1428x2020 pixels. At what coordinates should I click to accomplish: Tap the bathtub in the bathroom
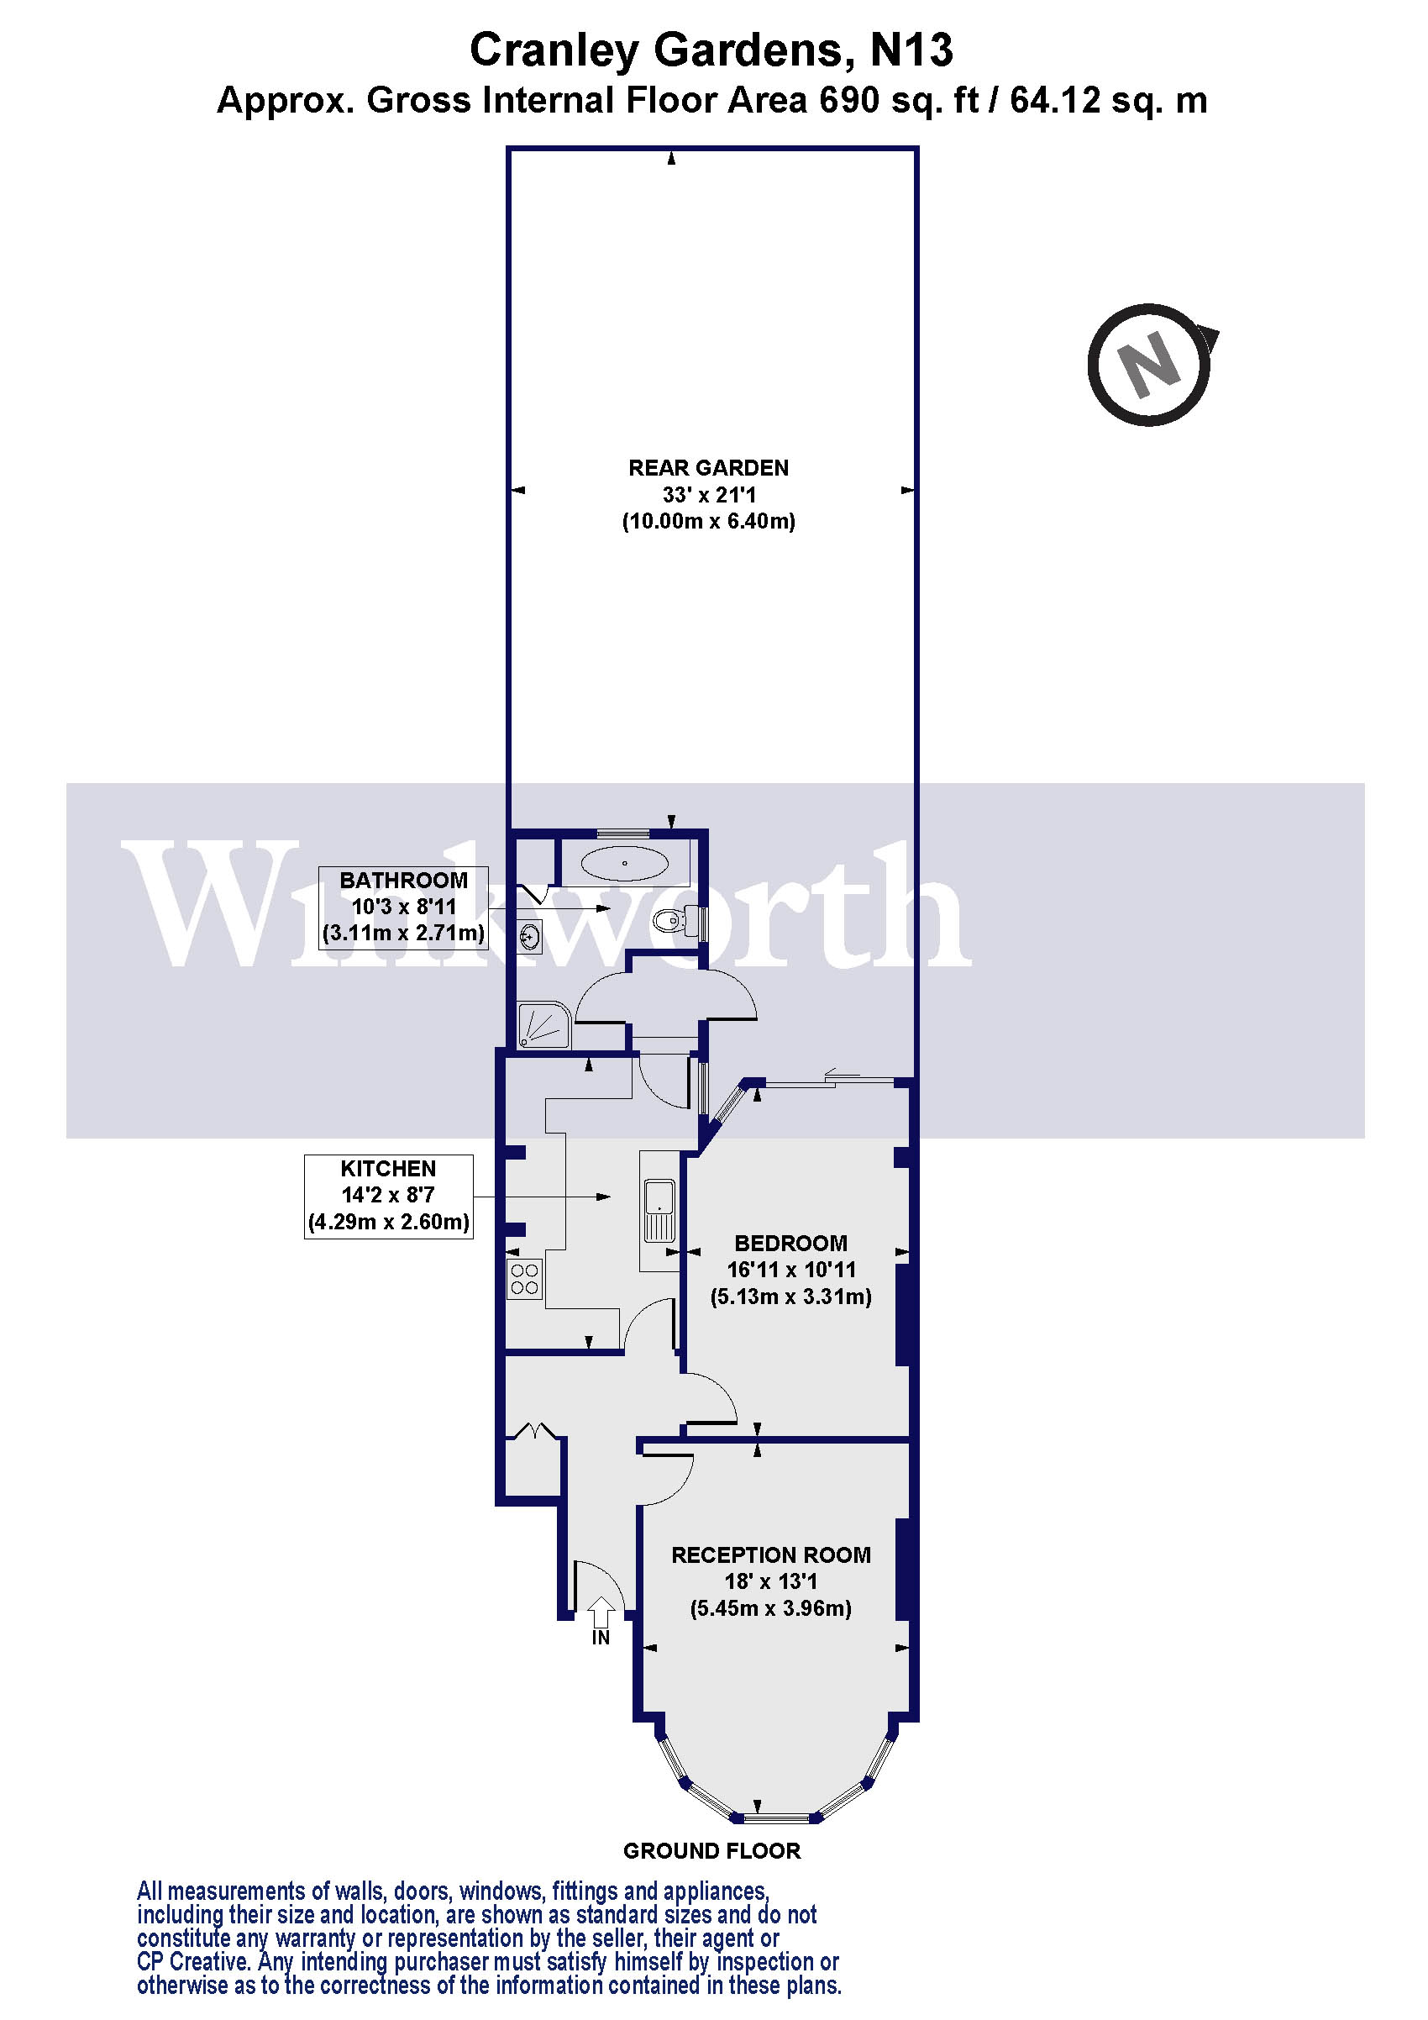pos(625,863)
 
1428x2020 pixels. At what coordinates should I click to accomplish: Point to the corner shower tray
pos(544,1026)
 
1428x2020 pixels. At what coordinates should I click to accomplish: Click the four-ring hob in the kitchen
pos(525,1278)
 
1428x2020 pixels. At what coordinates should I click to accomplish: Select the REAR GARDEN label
pos(708,468)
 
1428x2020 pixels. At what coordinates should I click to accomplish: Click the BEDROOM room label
pos(790,1243)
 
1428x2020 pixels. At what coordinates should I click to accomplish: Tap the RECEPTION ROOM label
pos(771,1554)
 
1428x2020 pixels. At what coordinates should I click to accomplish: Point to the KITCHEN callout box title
pos(388,1168)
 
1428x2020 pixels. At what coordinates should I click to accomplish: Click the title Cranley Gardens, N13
pos(711,50)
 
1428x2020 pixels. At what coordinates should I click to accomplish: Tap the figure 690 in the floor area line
pos(849,100)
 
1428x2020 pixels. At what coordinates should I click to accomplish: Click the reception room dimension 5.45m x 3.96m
pos(771,1608)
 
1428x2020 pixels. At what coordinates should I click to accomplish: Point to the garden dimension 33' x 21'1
pos(709,494)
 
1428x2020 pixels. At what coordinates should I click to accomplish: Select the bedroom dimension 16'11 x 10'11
pos(790,1270)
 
